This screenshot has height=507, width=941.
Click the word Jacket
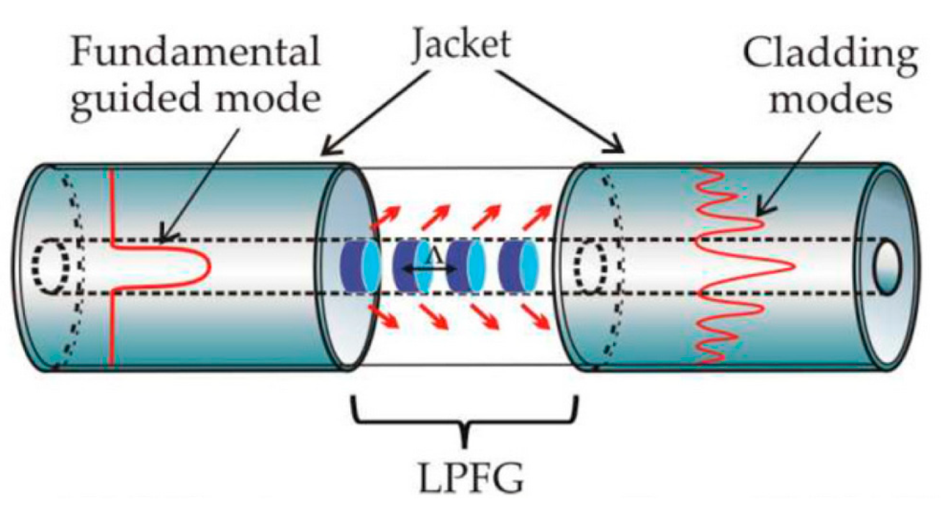click(x=461, y=45)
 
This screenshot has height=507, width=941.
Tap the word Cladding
click(x=830, y=54)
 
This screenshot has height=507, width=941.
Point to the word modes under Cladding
click(x=831, y=99)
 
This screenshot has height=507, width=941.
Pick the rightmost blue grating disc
click(x=518, y=267)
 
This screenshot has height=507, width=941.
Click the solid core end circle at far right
click(x=888, y=267)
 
